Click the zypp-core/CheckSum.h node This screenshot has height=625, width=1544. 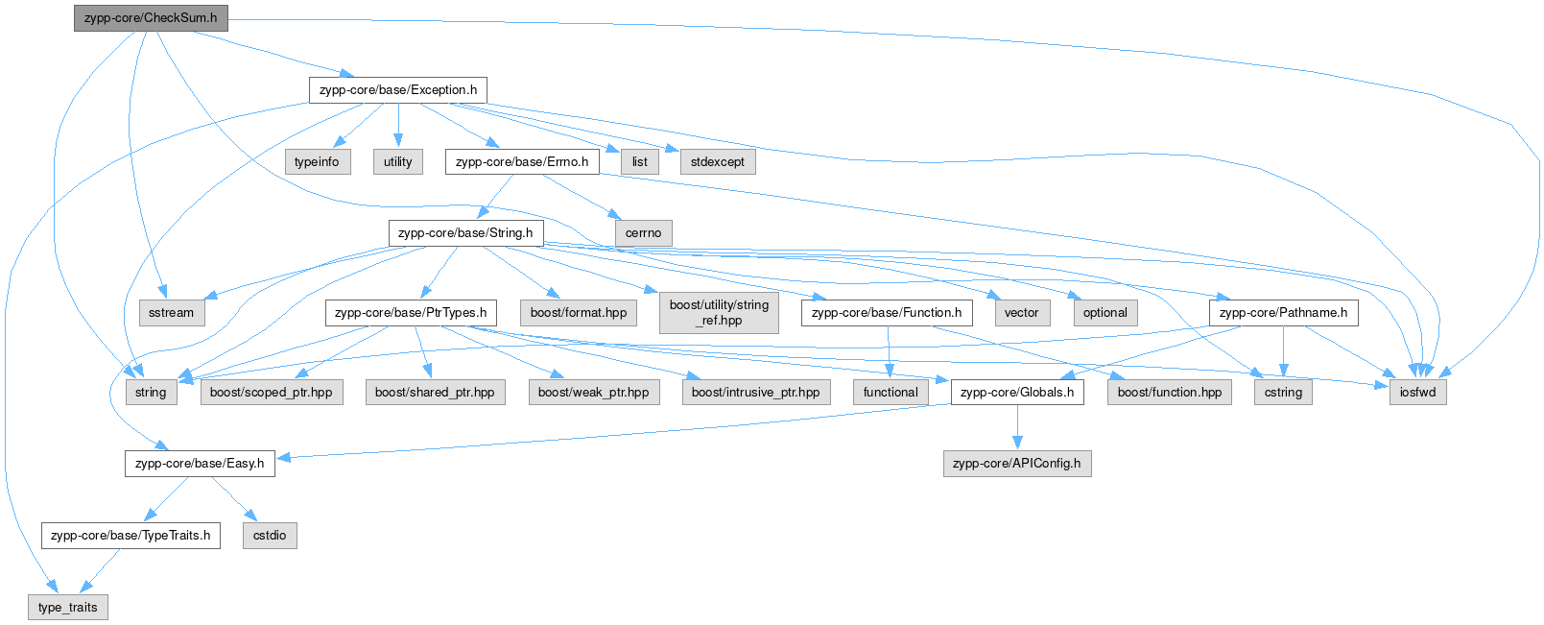point(151,18)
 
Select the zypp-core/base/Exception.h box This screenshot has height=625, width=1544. point(397,90)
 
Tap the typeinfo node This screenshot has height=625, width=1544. point(317,162)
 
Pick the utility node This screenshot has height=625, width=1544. point(397,162)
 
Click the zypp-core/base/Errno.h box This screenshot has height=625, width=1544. point(522,162)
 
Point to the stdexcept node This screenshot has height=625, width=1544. point(717,162)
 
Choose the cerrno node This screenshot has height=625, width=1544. point(643,233)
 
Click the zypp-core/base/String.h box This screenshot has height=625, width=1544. point(465,233)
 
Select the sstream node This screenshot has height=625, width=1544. point(171,313)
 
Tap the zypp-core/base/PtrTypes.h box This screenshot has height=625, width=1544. point(411,313)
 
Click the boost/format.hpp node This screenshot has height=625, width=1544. point(578,313)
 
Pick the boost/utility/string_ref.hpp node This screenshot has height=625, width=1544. point(719,313)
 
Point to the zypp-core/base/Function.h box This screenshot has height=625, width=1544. point(886,313)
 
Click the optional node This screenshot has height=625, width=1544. point(1105,313)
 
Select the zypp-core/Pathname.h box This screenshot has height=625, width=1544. point(1283,313)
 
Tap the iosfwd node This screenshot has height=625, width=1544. point(1417,393)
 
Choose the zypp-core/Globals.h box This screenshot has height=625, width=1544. point(1017,393)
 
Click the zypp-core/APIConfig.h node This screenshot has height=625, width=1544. point(1016,464)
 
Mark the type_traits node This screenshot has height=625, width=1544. point(67,608)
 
